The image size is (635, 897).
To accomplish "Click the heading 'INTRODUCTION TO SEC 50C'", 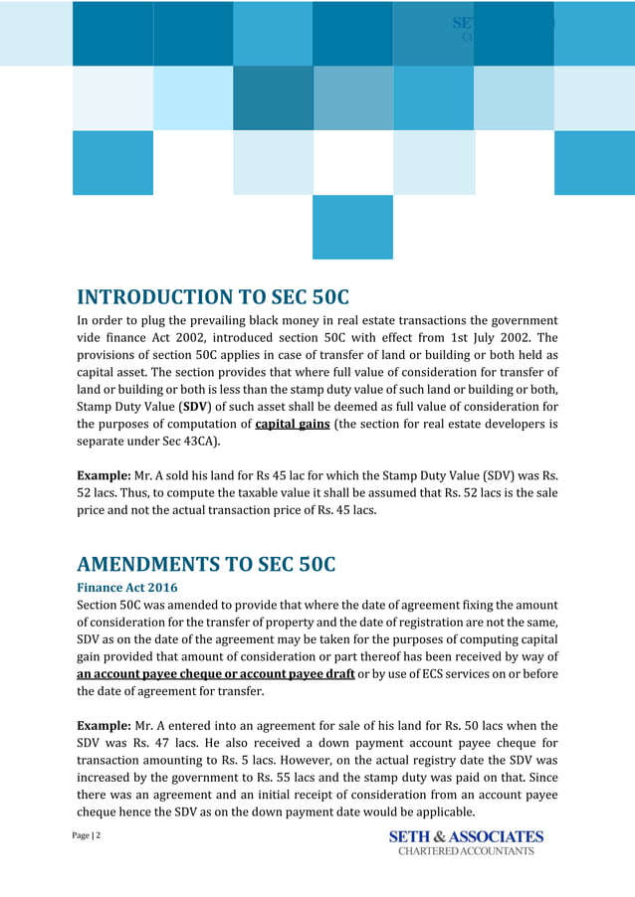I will [213, 297].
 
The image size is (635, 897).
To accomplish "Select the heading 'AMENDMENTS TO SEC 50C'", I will [206, 565].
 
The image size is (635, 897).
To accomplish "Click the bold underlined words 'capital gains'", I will [293, 424].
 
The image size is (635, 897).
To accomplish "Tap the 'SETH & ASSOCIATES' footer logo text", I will [466, 836].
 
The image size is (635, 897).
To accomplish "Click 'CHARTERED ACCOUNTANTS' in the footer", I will [466, 851].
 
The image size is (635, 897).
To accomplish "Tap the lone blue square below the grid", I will [352, 227].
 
